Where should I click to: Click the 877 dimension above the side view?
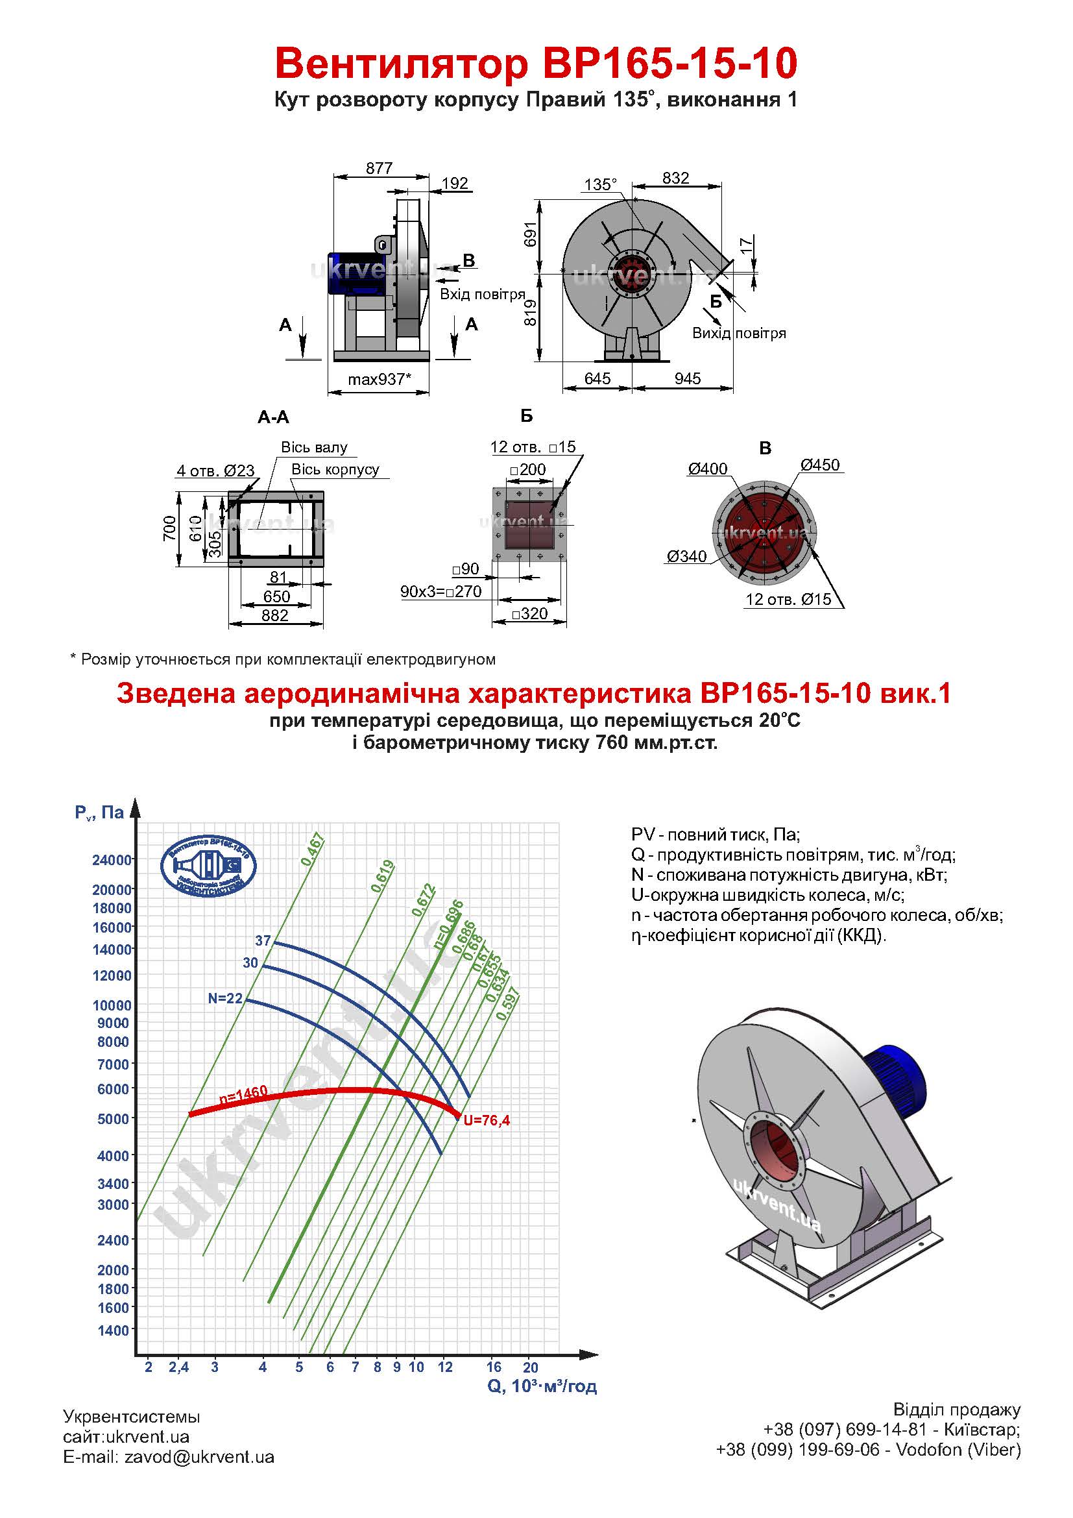(380, 168)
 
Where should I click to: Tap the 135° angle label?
(600, 184)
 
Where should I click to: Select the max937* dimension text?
(380, 380)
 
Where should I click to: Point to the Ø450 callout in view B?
(820, 465)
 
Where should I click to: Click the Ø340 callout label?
(686, 556)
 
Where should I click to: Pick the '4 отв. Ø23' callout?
(215, 471)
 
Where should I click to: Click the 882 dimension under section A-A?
(275, 615)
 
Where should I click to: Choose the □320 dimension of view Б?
(530, 613)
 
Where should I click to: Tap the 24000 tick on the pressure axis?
(112, 860)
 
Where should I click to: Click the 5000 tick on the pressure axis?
(113, 1119)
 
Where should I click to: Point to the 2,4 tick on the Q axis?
(178, 1367)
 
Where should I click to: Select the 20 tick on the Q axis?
(531, 1367)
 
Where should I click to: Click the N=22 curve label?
(225, 998)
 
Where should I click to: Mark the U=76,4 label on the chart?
(487, 1120)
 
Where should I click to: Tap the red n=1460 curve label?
(243, 1094)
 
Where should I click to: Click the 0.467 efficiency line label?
(313, 850)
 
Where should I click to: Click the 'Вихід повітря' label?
(739, 333)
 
